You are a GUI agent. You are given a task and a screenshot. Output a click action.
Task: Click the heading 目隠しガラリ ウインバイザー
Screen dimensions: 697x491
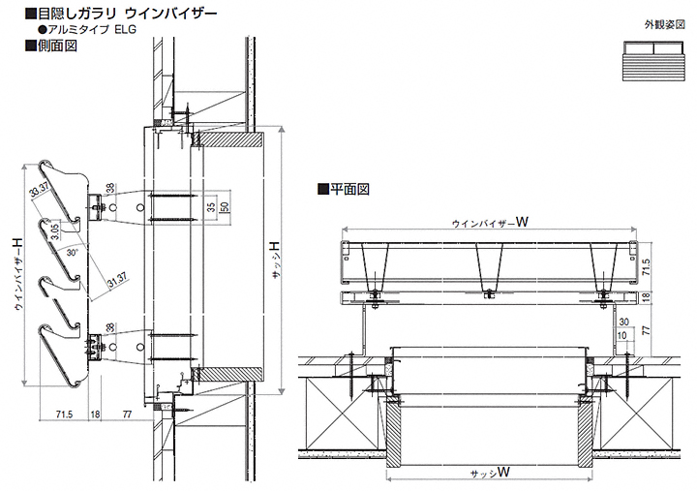[x=127, y=14]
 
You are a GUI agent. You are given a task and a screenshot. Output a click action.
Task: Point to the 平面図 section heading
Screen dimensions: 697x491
[x=349, y=189]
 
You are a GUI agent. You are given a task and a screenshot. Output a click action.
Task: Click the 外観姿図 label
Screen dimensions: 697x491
[x=665, y=24]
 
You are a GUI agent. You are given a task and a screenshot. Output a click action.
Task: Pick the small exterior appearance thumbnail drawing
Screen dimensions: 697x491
[x=653, y=61]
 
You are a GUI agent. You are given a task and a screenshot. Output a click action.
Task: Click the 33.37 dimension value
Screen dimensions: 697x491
[x=41, y=191]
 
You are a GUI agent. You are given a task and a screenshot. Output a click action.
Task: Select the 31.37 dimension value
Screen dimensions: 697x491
[x=117, y=280]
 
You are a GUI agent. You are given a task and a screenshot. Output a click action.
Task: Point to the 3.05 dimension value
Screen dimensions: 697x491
[x=54, y=231]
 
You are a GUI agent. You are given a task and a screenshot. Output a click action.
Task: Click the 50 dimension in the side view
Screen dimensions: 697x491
[x=225, y=206]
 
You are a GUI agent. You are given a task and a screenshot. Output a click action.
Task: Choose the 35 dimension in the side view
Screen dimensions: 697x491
[x=212, y=207]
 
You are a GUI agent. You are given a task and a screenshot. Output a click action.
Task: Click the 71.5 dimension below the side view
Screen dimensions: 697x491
[x=65, y=414]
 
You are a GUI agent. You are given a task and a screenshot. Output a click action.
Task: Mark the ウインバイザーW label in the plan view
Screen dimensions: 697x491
[x=490, y=222]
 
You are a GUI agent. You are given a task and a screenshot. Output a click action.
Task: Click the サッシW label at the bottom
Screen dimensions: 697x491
[x=490, y=473]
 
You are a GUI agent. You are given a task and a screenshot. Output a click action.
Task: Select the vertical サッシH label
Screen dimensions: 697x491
[x=276, y=260]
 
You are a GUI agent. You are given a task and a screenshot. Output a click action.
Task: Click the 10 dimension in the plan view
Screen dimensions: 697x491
[x=622, y=335]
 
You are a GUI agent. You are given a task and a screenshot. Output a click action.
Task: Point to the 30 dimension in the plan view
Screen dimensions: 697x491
[x=623, y=322]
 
